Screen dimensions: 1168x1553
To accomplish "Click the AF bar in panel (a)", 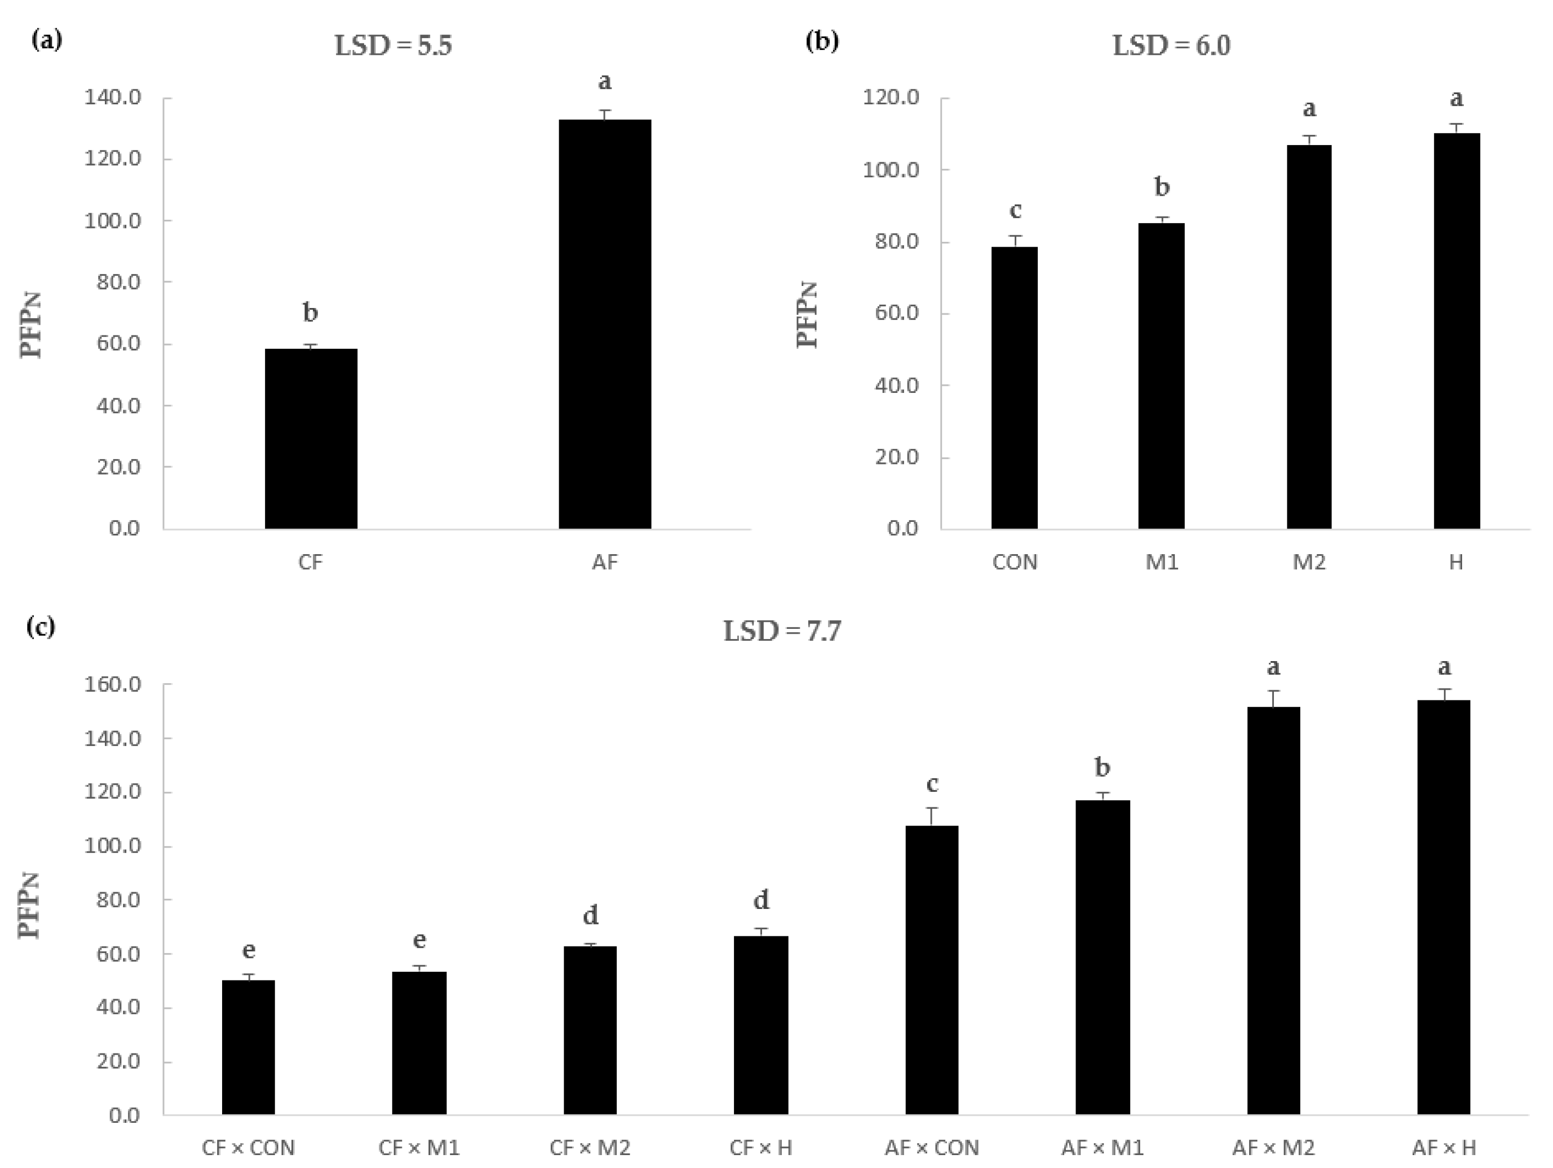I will coord(604,324).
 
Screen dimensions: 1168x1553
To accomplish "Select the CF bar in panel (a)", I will coord(310,438).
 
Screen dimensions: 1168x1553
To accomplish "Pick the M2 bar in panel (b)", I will coord(1309,336).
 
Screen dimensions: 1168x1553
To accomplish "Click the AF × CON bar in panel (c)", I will coord(932,969).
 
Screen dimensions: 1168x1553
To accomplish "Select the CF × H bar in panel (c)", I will coord(761,1025).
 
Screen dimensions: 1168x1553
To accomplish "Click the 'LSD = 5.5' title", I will coord(393,46).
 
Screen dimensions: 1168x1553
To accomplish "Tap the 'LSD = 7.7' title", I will coord(782,632).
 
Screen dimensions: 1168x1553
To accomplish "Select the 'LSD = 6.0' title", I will coord(1171,46).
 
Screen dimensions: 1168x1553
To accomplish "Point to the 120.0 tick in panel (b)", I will coord(891,98).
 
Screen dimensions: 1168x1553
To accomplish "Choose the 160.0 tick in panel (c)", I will coord(113,684).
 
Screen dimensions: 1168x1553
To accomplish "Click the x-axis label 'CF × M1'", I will coord(419,1148).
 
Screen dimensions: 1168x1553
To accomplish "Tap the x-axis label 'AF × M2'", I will coord(1273,1148).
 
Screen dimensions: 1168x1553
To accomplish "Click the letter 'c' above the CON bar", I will coord(1015,210).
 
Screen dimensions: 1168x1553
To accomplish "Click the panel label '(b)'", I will coord(822,41).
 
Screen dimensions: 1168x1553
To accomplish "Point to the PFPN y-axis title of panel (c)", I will coord(30,906).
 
